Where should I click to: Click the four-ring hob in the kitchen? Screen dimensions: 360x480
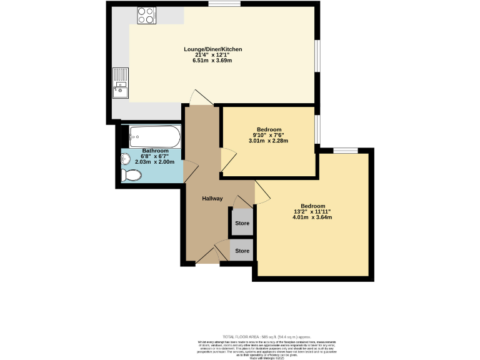tap(146, 15)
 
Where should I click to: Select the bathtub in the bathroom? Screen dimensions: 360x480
tap(154, 136)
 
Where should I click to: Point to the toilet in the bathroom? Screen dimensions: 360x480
tap(132, 174)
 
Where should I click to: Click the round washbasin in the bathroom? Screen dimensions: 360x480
tap(126, 158)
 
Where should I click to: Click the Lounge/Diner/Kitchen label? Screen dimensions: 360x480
tap(212, 49)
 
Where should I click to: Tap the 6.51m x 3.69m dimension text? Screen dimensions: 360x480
tap(212, 60)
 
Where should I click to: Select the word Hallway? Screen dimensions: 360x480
tap(212, 199)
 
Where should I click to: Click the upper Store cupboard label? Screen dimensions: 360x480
tap(242, 223)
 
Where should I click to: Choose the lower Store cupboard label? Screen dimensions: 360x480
tap(242, 251)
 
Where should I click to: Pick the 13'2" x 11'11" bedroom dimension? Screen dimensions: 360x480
tap(312, 212)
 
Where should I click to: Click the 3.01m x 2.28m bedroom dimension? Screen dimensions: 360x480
tap(268, 141)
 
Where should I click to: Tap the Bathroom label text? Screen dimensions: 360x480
tap(155, 151)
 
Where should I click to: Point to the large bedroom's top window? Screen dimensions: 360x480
tap(345, 150)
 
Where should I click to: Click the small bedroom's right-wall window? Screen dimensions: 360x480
tap(317, 130)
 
